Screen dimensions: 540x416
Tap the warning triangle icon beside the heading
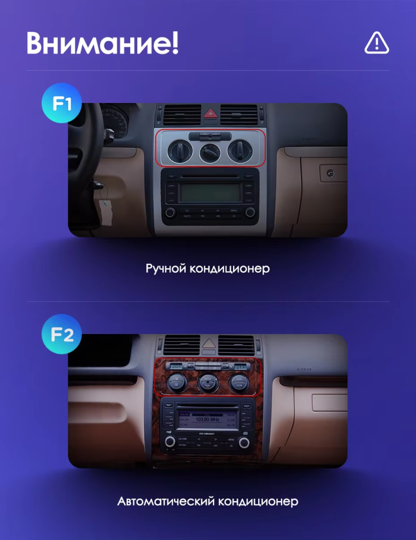click(377, 42)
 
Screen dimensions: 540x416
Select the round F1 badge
click(62, 102)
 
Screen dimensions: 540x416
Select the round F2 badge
click(62, 335)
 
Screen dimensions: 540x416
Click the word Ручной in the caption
click(165, 269)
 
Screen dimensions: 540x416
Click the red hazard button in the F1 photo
click(210, 113)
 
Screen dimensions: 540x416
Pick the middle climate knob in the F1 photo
click(210, 151)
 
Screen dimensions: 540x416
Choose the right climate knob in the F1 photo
click(239, 150)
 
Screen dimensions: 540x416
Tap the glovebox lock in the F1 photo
click(330, 173)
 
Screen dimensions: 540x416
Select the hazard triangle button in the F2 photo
click(209, 343)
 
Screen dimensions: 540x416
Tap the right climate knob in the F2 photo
click(239, 382)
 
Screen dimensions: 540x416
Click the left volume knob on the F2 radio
click(170, 443)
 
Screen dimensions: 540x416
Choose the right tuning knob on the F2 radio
click(244, 443)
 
